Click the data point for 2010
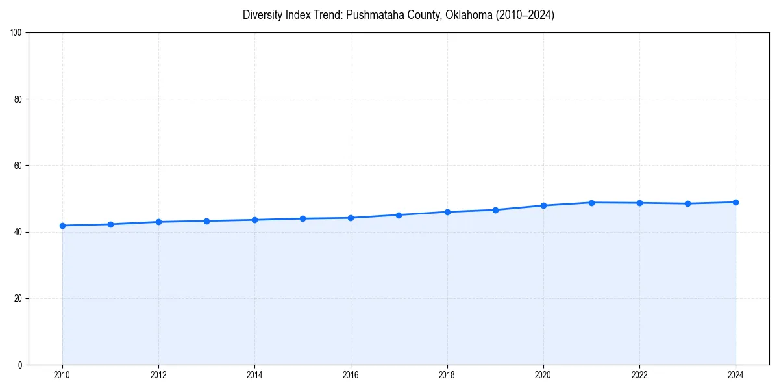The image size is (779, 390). [62, 226]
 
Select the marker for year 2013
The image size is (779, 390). [206, 221]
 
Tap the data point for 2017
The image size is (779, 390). [399, 215]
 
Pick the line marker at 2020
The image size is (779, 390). [543, 205]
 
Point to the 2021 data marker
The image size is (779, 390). [591, 203]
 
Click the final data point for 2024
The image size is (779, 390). [736, 202]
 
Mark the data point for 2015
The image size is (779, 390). [303, 218]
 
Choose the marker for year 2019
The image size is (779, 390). [495, 210]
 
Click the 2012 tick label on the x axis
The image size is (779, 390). [158, 375]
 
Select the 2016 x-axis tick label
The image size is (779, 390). [351, 375]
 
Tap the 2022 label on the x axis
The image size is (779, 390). [639, 375]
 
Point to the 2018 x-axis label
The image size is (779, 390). [447, 375]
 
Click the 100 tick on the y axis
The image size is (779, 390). [17, 33]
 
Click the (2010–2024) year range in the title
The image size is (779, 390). [525, 15]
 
